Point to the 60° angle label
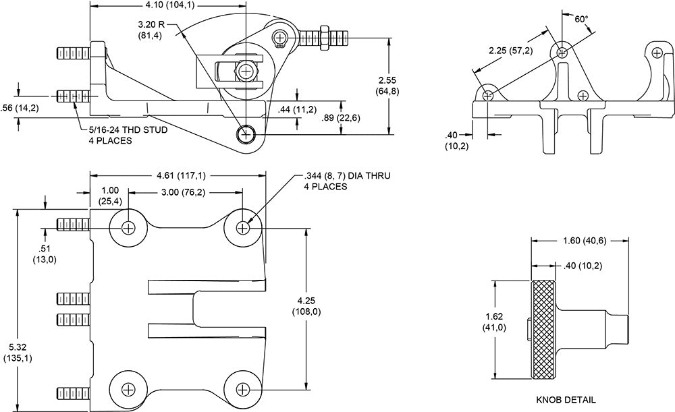(581, 19)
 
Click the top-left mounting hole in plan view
(127, 228)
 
